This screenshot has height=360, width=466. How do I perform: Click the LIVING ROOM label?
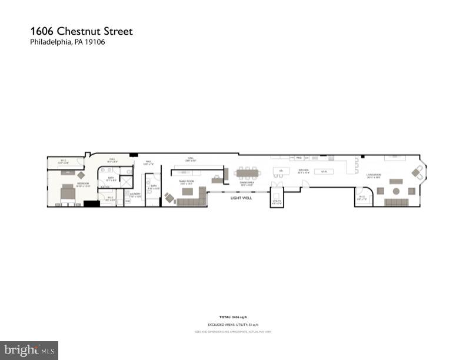(375, 175)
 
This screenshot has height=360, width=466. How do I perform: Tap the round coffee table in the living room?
(395, 191)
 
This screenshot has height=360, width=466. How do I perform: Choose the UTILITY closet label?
(277, 201)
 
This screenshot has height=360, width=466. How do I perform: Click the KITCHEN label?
(304, 173)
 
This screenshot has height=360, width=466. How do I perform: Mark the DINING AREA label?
(246, 184)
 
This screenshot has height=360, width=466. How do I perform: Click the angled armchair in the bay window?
(417, 172)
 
